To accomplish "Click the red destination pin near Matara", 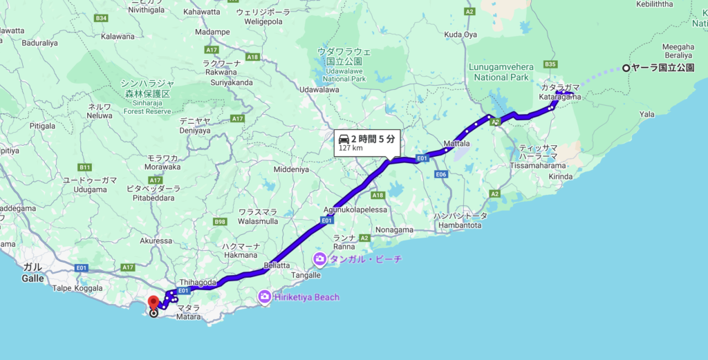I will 153,302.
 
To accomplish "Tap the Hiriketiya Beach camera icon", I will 264,297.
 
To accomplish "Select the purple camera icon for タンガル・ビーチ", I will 319,259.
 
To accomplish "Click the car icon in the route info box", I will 344,139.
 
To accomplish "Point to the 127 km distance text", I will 351,149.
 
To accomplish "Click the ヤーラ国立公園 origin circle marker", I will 626,68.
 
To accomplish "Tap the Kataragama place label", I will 560,97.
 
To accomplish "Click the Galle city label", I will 32,278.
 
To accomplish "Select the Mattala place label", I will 456,144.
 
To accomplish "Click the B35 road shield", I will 550,64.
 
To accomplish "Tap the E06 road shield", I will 442,174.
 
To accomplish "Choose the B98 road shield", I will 220,222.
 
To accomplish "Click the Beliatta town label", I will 276,265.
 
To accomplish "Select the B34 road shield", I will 102,17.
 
